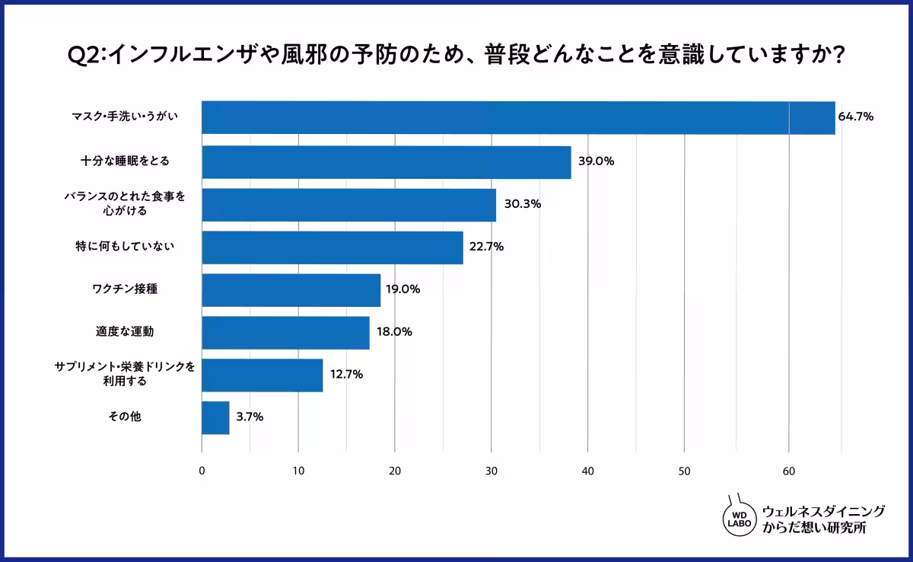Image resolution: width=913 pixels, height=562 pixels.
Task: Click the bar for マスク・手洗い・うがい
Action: (x=517, y=117)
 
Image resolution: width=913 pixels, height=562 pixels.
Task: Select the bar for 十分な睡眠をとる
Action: (x=386, y=162)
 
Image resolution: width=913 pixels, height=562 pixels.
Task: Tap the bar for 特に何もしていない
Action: (x=332, y=247)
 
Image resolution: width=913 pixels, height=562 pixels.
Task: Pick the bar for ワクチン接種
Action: (x=291, y=290)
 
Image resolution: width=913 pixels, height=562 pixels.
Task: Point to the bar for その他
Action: (x=215, y=418)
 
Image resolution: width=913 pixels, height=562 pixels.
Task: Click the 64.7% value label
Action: (x=855, y=117)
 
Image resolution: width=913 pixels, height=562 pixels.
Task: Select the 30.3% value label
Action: (x=521, y=204)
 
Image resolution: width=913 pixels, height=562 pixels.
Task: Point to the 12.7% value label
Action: (x=346, y=375)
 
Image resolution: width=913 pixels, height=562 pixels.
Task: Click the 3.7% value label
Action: (x=250, y=417)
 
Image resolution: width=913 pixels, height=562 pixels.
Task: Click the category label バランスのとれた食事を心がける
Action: (x=124, y=203)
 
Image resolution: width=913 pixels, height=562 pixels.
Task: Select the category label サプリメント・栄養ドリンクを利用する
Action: (x=125, y=374)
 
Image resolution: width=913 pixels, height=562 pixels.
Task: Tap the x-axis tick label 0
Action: (x=202, y=471)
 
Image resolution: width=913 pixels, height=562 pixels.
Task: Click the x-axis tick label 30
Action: (x=491, y=471)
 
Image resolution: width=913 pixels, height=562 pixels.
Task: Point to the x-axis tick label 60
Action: (x=789, y=471)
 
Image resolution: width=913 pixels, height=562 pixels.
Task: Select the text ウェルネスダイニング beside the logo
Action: (x=823, y=511)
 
